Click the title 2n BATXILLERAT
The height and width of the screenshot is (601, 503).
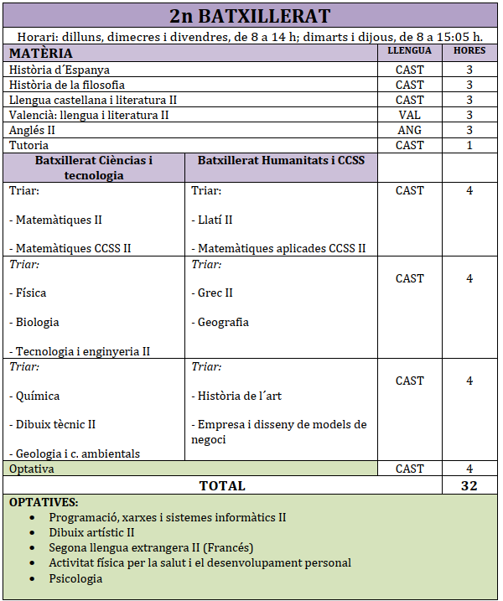point(250,16)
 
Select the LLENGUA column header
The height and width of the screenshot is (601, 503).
point(409,51)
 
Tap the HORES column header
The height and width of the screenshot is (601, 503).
point(469,51)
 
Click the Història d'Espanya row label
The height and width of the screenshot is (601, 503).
point(60,70)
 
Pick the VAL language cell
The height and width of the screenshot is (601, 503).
point(409,115)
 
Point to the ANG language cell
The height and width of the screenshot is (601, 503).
point(409,130)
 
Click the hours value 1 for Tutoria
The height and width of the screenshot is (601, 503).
point(469,145)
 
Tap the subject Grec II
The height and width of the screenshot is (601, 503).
point(212,293)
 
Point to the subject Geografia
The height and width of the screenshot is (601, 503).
point(220,322)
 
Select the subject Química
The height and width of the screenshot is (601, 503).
point(34,396)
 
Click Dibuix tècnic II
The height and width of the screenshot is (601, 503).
point(53,424)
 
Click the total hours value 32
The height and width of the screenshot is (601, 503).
point(469,485)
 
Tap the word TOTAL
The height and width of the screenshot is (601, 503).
point(222,485)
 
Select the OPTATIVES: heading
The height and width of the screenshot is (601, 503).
point(44,502)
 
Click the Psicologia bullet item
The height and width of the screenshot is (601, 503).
point(75,578)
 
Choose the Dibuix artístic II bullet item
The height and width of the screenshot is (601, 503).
point(92,532)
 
